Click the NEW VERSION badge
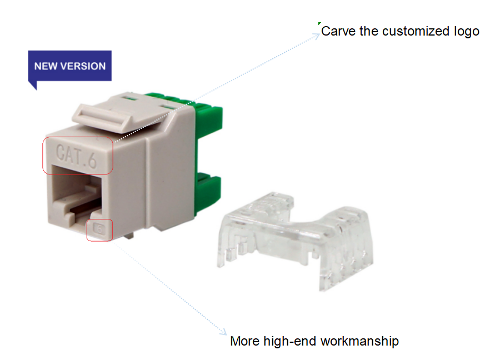[x=70, y=67]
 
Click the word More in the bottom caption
[x=244, y=341]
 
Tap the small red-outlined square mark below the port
[x=101, y=228]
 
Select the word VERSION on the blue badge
[x=82, y=66]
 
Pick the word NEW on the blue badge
[x=45, y=66]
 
